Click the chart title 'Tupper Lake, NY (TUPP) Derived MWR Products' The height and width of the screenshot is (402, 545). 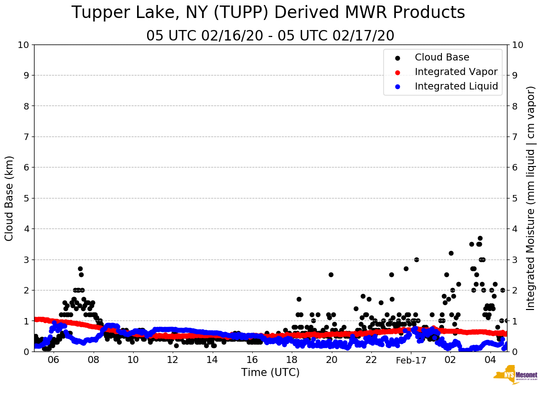tap(268, 13)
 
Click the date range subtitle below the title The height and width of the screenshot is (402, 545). tap(270, 36)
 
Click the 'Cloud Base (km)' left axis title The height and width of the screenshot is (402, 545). tap(10, 198)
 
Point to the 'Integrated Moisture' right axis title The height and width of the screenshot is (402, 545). tap(531, 198)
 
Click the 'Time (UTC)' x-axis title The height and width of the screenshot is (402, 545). tap(270, 372)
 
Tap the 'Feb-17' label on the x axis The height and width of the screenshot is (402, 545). tap(410, 360)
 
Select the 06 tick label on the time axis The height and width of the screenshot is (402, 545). tap(54, 360)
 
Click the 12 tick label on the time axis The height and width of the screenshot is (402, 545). tap(173, 360)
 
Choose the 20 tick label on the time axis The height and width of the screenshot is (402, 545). tap(331, 360)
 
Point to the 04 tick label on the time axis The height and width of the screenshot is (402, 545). tap(490, 360)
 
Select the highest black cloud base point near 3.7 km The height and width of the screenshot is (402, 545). tap(480, 238)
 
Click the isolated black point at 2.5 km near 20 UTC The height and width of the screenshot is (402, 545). tap(331, 274)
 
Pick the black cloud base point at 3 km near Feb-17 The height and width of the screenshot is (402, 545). tap(416, 259)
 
